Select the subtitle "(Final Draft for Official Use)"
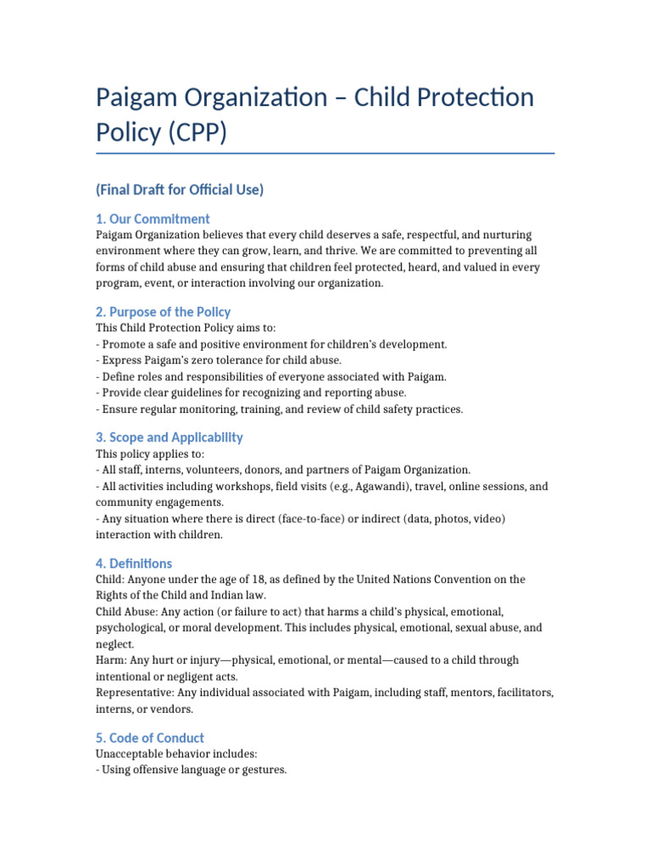pyautogui.click(x=180, y=190)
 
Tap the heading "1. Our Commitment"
pyautogui.click(x=153, y=219)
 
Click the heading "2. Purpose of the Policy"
pyautogui.click(x=163, y=311)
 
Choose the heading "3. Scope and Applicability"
pyautogui.click(x=170, y=437)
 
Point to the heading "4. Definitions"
pyautogui.click(x=134, y=563)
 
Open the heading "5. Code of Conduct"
pyautogui.click(x=150, y=737)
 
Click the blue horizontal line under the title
pyautogui.click(x=325, y=153)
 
